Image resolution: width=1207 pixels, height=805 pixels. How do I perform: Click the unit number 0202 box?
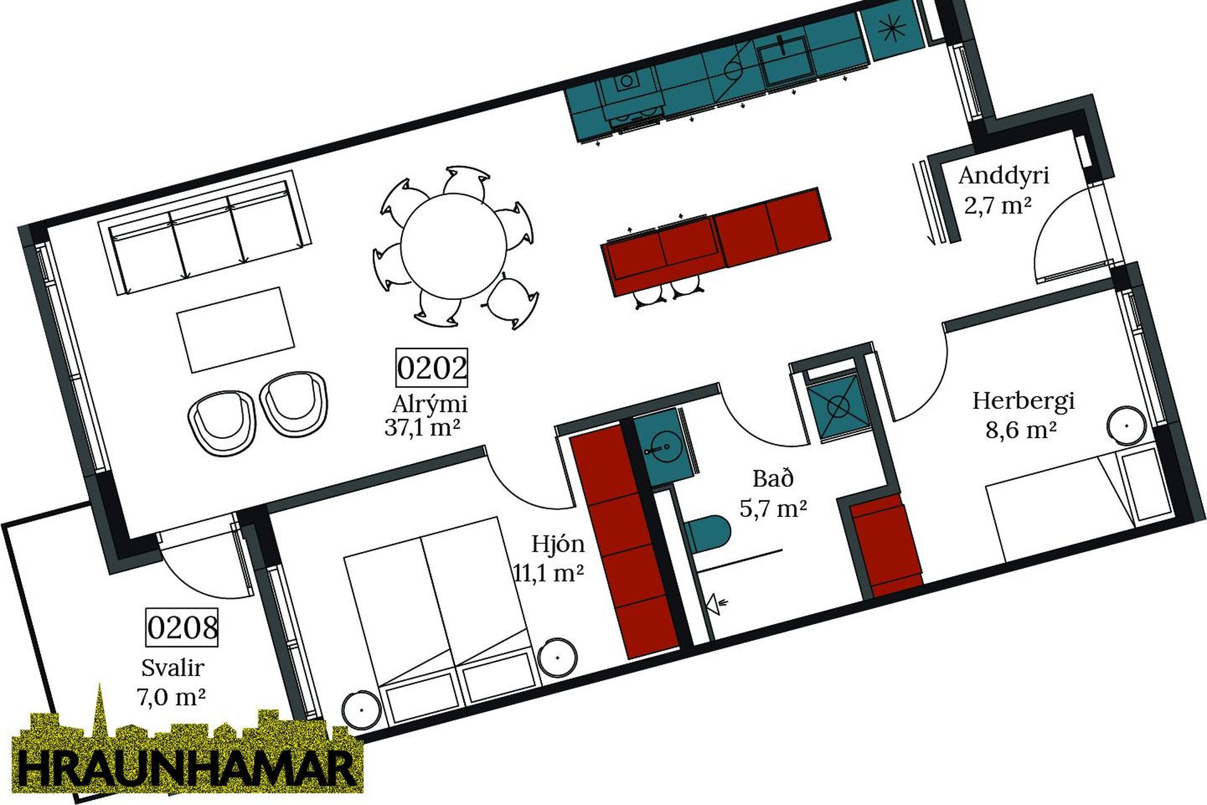(x=432, y=368)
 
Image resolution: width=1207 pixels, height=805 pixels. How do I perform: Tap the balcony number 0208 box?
(x=182, y=627)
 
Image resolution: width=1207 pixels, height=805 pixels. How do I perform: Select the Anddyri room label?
(x=1004, y=176)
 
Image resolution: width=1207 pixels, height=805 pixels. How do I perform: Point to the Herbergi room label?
(x=1024, y=401)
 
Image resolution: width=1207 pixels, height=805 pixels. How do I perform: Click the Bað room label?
(x=773, y=479)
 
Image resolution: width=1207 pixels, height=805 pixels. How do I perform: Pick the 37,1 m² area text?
(x=422, y=428)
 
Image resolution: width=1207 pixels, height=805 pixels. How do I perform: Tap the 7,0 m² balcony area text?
(x=171, y=697)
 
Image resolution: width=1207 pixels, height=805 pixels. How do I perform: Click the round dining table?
(x=454, y=247)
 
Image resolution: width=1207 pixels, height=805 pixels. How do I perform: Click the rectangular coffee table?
(x=236, y=330)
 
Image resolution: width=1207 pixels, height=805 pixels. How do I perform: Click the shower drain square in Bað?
(x=838, y=407)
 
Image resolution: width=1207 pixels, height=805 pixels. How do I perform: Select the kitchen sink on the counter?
(x=783, y=60)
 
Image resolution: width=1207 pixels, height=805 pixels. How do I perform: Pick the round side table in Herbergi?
(x=1127, y=426)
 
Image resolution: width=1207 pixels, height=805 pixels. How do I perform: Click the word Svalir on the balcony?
(x=172, y=667)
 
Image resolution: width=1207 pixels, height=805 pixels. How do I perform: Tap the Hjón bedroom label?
(x=558, y=544)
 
